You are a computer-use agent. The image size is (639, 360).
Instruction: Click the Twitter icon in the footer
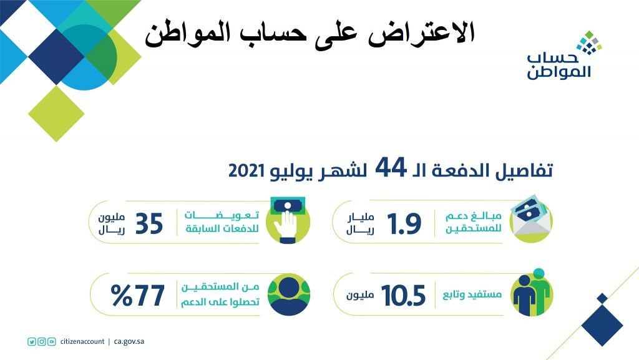click(32, 342)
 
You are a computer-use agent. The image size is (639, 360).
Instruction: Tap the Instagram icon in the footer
click(42, 342)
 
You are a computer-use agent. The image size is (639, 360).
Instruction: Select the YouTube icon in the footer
click(51, 342)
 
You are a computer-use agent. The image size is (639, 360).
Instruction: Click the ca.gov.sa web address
click(129, 342)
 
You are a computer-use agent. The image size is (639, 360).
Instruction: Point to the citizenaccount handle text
click(82, 342)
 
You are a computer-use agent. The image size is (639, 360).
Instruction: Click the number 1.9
click(404, 224)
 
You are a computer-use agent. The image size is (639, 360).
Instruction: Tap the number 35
click(149, 224)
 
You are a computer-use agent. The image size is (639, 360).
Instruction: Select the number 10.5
click(404, 296)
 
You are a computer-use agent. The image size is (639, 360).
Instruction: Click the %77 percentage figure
click(138, 296)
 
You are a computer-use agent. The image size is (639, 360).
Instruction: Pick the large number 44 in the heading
click(391, 167)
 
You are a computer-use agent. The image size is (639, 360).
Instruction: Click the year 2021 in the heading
click(246, 170)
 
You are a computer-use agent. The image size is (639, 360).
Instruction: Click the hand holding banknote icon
click(288, 220)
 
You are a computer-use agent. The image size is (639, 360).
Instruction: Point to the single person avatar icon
click(289, 294)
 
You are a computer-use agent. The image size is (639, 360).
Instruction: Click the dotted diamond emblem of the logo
click(589, 42)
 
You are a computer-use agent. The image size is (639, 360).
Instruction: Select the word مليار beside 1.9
click(360, 218)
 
